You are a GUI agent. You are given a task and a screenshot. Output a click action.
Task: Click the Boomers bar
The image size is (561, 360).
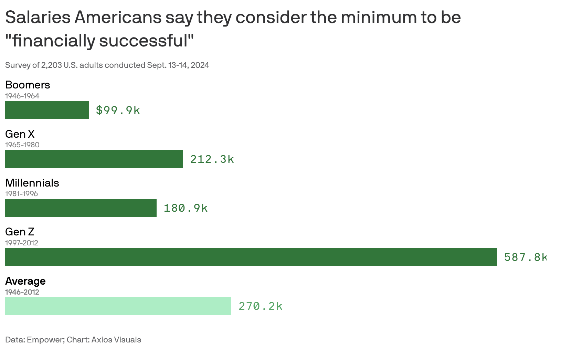[47, 110]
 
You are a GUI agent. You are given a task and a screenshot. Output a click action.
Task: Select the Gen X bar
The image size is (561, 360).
[94, 159]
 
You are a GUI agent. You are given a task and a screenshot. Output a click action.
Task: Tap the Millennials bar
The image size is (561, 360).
[81, 208]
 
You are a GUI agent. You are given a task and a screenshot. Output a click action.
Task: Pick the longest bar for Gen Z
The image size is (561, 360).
[251, 257]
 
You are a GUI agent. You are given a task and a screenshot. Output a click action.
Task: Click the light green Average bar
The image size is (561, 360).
[118, 306]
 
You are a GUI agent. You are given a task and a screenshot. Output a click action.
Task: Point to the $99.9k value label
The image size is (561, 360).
[118, 110]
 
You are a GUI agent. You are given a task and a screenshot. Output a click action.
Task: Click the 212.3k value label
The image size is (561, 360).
[212, 159]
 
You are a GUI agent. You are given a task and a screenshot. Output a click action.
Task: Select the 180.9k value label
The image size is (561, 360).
[186, 208]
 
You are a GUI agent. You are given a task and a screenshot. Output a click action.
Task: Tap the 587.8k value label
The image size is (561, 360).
[525, 257]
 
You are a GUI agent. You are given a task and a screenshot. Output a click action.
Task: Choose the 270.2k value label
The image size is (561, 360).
[261, 306]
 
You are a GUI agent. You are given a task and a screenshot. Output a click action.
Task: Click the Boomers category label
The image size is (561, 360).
[28, 85]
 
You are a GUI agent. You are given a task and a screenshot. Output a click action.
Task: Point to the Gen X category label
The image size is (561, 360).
[20, 134]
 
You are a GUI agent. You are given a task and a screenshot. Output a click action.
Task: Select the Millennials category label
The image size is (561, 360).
[32, 183]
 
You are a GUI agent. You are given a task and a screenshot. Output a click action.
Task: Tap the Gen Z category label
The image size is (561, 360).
[20, 232]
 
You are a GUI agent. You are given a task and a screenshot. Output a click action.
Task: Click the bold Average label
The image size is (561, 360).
[25, 281]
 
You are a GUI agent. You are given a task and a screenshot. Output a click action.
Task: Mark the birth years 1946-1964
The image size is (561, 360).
[22, 96]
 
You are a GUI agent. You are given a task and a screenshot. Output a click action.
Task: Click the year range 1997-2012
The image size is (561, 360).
[21, 243]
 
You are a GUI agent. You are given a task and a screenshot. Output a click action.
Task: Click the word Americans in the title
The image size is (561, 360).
[118, 17]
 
